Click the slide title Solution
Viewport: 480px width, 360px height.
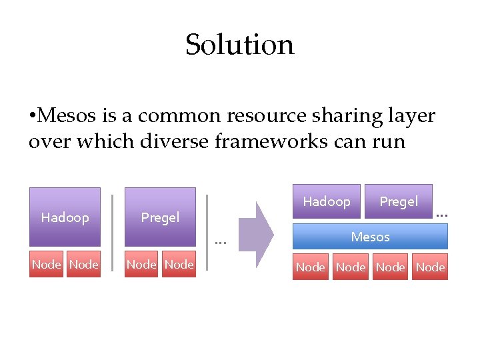point(239,45)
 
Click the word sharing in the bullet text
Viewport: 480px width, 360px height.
point(343,116)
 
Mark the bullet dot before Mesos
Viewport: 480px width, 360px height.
point(33,117)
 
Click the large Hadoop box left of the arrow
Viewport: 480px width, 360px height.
point(65,217)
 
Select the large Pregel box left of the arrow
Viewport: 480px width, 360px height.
point(160,217)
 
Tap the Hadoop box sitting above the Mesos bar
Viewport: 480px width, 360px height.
point(327,201)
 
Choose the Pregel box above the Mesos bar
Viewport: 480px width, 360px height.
point(399,201)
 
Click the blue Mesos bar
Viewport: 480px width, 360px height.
point(370,237)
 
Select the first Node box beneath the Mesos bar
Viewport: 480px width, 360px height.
point(311,267)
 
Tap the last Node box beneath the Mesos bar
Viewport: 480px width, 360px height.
point(430,267)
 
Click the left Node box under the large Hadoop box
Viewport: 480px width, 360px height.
point(47,265)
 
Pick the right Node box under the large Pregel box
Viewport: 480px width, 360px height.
point(179,265)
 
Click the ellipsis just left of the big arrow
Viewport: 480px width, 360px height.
point(221,242)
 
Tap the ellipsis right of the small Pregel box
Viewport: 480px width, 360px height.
point(441,215)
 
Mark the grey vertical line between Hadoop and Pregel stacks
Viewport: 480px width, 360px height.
point(113,231)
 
